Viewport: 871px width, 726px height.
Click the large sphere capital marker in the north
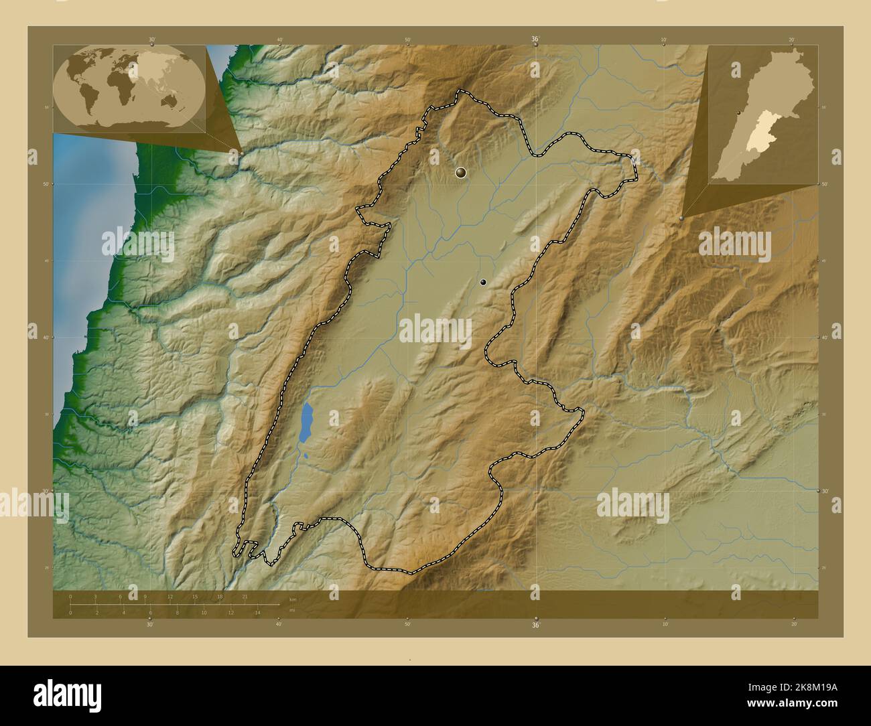(460, 173)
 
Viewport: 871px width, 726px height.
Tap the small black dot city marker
(482, 283)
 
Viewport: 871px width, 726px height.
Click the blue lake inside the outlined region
(306, 423)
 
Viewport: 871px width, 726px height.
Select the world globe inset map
(129, 88)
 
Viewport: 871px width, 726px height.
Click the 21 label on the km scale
(245, 597)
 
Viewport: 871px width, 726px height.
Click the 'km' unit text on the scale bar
(292, 599)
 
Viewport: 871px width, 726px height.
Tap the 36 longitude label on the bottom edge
(535, 625)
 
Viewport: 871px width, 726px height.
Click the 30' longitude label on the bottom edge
(150, 624)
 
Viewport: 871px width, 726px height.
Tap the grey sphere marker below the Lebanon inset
(681, 218)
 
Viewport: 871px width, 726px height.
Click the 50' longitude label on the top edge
(407, 40)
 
